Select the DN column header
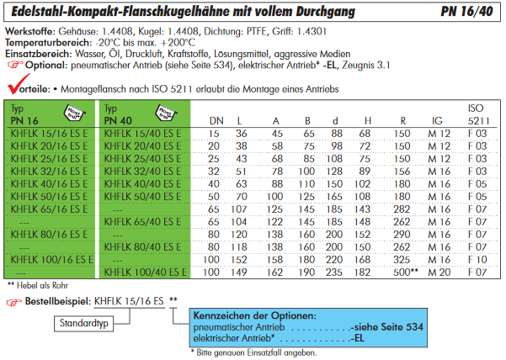pyautogui.click(x=216, y=121)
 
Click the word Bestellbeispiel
pyautogui.click(x=58, y=299)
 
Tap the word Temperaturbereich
pyautogui.click(x=42, y=40)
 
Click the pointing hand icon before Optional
pyautogui.click(x=14, y=63)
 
